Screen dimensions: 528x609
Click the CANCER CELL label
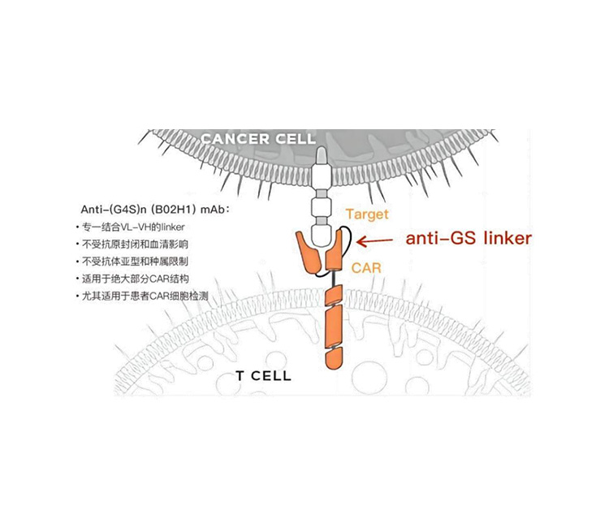click(258, 138)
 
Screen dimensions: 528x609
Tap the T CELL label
click(263, 376)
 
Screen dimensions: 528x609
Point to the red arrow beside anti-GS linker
click(378, 240)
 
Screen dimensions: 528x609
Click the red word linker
click(504, 239)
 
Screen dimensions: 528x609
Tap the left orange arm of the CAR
click(310, 253)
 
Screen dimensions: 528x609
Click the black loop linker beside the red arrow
click(348, 240)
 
